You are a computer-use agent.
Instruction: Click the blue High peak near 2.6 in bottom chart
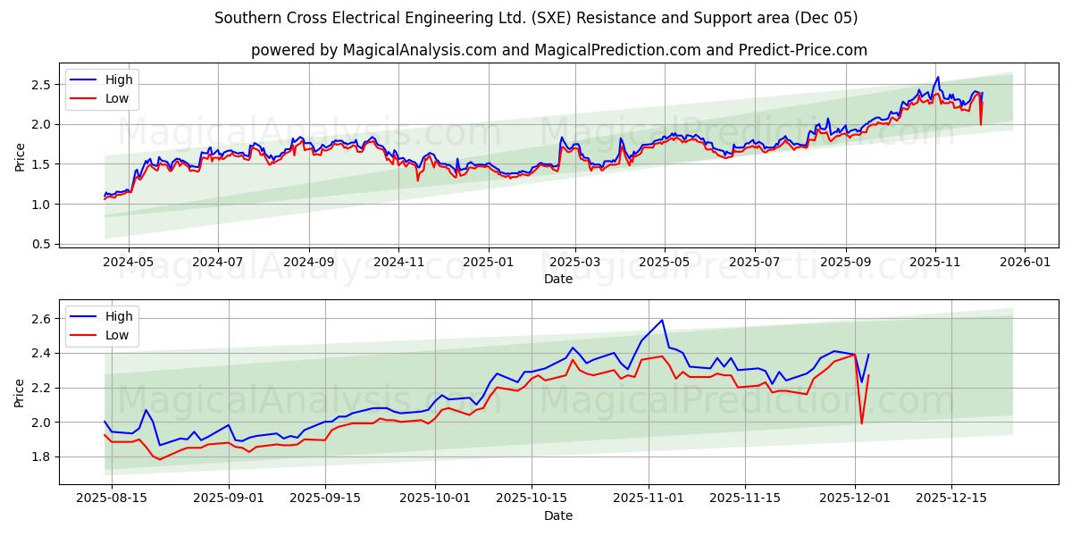(662, 320)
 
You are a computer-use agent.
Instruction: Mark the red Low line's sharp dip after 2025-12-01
(861, 423)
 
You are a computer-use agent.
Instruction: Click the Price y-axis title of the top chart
(20, 156)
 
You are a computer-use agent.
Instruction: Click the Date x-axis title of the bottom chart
(558, 515)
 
